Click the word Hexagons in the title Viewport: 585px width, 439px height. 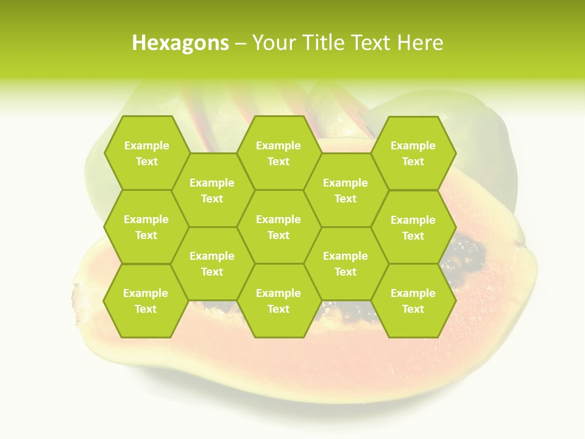(x=180, y=43)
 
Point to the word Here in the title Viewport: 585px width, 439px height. (x=420, y=43)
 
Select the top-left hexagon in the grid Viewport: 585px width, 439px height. (x=146, y=153)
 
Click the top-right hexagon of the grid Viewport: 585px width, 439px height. (x=413, y=153)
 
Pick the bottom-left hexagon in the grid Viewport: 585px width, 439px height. (x=146, y=301)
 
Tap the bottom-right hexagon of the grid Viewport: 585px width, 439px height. (x=413, y=301)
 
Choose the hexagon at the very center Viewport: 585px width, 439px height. (x=278, y=227)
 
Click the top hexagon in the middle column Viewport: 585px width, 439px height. (x=278, y=153)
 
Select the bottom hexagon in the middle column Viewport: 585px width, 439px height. (x=278, y=301)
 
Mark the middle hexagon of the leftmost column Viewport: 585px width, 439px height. (x=146, y=227)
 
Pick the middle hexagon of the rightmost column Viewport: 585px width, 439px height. (x=413, y=227)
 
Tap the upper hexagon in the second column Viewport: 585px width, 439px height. (x=212, y=190)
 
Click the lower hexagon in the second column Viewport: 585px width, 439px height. (x=212, y=263)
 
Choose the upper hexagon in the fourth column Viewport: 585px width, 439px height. (x=346, y=190)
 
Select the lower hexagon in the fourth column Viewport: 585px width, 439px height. (x=346, y=263)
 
